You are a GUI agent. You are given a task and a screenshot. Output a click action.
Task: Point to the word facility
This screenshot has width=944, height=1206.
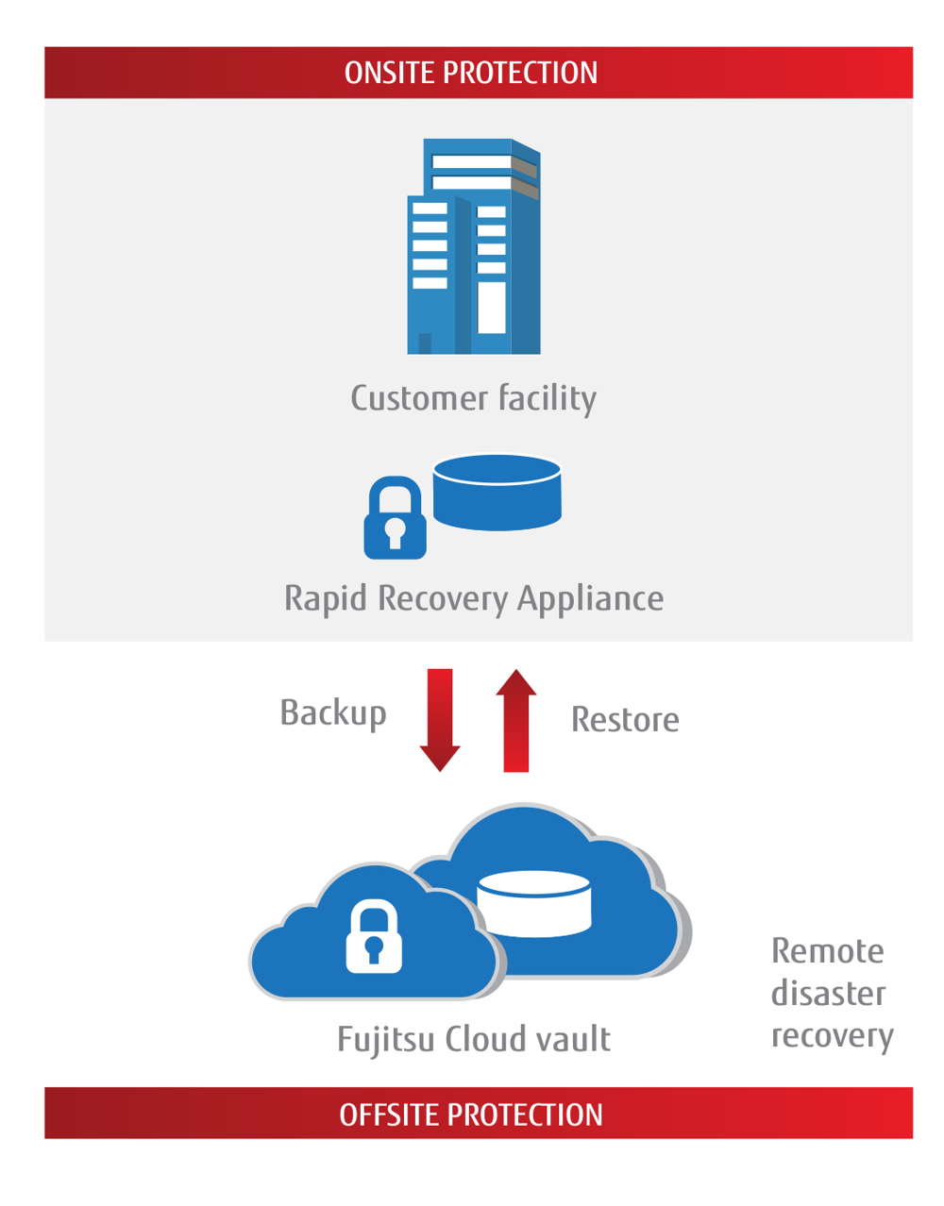[x=547, y=397]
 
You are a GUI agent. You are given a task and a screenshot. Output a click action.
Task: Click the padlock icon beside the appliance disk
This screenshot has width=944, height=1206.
[x=395, y=518]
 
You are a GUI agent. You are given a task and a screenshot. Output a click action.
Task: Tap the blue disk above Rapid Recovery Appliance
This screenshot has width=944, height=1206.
[x=497, y=492]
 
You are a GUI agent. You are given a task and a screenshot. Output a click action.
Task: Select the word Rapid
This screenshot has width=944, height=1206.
[x=326, y=598]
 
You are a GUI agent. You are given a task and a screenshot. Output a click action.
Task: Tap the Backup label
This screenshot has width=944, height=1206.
[x=333, y=712]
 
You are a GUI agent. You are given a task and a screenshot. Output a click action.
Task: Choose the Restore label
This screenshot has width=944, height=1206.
[x=625, y=720]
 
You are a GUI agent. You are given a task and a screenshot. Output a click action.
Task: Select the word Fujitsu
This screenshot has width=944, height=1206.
[x=386, y=1039]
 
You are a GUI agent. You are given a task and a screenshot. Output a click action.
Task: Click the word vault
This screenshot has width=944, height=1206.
[x=573, y=1039]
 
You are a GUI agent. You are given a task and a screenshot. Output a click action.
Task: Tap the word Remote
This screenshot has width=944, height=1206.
[x=827, y=950]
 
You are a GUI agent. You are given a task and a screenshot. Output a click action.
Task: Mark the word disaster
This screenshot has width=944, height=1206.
[x=828, y=993]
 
